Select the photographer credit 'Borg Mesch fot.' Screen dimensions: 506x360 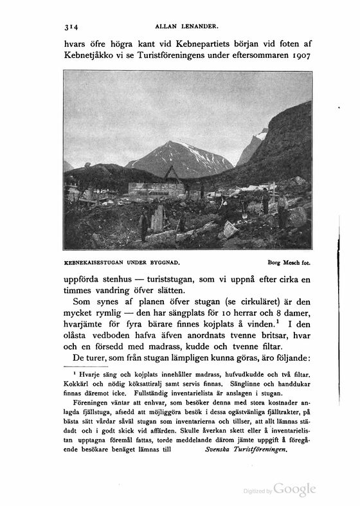(287, 262)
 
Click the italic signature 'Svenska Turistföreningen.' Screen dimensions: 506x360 (244, 451)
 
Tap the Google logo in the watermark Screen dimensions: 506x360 (295, 490)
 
